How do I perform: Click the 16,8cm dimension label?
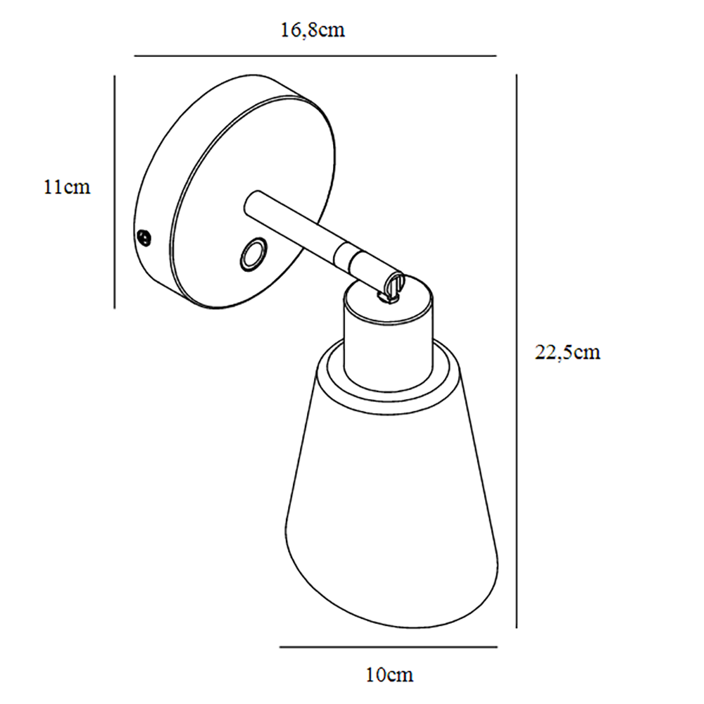pyautogui.click(x=313, y=30)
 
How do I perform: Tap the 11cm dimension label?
pyautogui.click(x=67, y=187)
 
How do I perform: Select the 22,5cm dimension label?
pyautogui.click(x=567, y=353)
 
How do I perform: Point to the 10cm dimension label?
pyautogui.click(x=389, y=675)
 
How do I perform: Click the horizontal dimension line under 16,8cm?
pyautogui.click(x=315, y=56)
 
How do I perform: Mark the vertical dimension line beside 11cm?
pyautogui.click(x=115, y=192)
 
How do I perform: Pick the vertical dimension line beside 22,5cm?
pyautogui.click(x=516, y=351)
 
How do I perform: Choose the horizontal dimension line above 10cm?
pyautogui.click(x=389, y=647)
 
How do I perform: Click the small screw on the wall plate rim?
pyautogui.click(x=144, y=237)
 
